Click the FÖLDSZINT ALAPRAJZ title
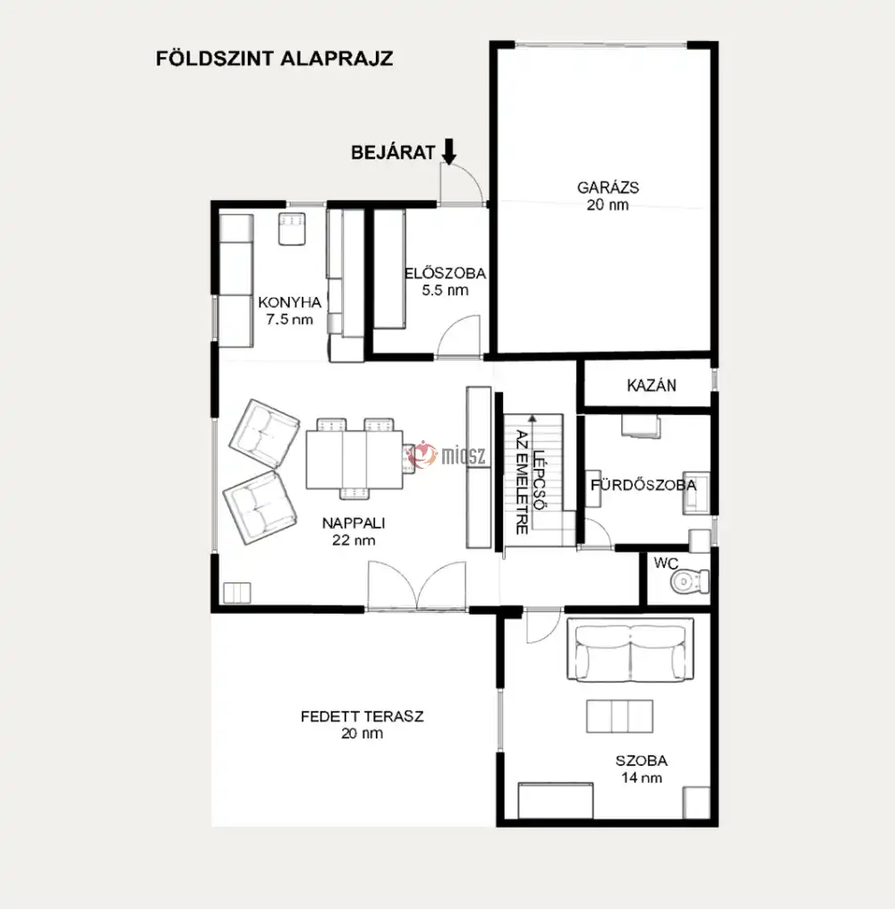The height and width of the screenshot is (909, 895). [x=275, y=58]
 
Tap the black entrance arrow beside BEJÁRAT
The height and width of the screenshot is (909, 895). [x=449, y=151]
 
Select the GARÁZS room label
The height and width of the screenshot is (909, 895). [x=608, y=188]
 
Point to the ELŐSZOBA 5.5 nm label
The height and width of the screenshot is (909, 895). [x=445, y=282]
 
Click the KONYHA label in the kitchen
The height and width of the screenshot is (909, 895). [x=289, y=302]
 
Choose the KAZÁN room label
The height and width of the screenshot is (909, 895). [x=652, y=386]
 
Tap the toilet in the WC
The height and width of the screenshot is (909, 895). [x=690, y=581]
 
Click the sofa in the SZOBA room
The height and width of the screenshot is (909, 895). [x=630, y=650]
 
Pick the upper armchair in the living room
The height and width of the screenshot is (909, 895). [x=264, y=434]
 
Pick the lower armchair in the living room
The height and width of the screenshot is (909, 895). [x=260, y=508]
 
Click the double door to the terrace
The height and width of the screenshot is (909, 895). [x=416, y=585]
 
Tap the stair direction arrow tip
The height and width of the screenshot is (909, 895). [x=533, y=416]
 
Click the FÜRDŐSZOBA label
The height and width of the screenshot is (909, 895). [x=644, y=485]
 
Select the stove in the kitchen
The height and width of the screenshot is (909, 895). [x=292, y=228]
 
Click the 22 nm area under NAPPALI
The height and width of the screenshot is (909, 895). [x=354, y=540]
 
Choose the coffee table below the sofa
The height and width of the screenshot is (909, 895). [x=619, y=716]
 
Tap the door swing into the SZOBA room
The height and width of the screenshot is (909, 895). [x=543, y=625]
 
